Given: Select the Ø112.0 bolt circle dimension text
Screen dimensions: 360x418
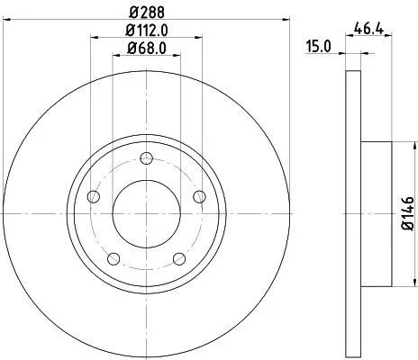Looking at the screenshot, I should (145, 33).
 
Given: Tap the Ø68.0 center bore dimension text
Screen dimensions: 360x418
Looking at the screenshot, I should (145, 50).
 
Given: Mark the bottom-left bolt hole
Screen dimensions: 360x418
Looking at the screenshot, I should (113, 261).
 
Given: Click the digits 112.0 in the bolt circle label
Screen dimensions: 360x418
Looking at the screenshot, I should (150, 33).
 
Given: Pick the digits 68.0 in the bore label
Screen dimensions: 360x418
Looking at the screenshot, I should (150, 50).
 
